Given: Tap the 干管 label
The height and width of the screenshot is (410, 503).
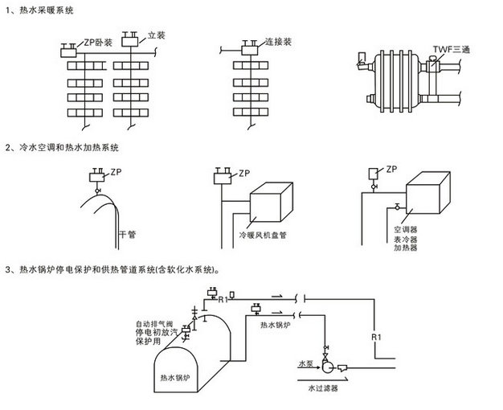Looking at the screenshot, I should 128,233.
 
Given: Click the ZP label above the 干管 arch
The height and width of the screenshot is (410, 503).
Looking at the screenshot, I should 117,171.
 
